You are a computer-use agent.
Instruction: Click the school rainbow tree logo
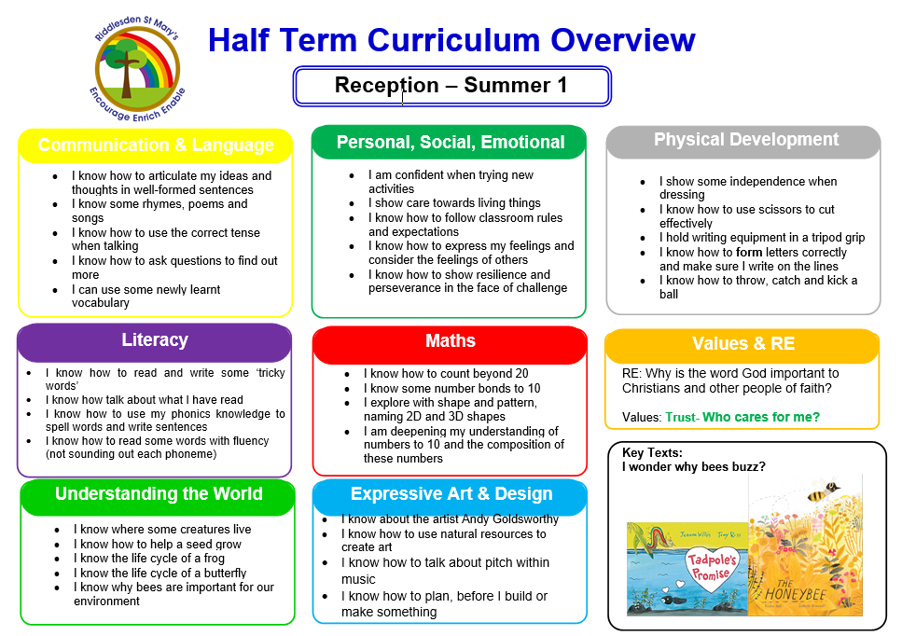tap(140, 68)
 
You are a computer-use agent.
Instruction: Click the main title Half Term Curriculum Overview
tap(451, 40)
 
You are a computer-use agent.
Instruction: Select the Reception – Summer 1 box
tap(451, 86)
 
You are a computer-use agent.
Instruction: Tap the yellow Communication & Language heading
tap(156, 145)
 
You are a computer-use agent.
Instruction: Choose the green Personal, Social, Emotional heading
tap(450, 143)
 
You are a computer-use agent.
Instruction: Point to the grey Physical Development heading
tap(745, 140)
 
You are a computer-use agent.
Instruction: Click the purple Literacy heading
tap(155, 340)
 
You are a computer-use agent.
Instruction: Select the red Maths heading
tap(450, 341)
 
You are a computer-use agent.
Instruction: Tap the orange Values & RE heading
tap(742, 344)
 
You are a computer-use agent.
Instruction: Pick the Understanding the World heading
tap(159, 494)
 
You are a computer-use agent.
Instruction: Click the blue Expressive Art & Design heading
tap(451, 494)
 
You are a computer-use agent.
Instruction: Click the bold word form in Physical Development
tap(749, 252)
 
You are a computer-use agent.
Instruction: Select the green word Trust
tap(681, 417)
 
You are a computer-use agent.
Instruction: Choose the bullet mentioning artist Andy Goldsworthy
tap(450, 519)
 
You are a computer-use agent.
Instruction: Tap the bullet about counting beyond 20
tap(446, 374)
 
